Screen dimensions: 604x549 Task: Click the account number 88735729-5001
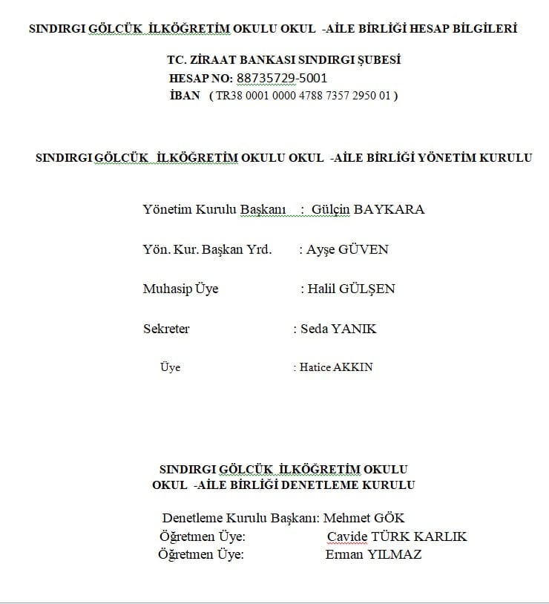(282, 78)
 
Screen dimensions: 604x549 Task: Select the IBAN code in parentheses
(303, 96)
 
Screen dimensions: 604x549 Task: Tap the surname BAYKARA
(389, 209)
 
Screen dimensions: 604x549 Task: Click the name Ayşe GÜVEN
(347, 249)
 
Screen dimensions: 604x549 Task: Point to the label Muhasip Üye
(180, 289)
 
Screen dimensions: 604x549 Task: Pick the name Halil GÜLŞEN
(351, 289)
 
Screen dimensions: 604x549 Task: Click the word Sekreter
(166, 329)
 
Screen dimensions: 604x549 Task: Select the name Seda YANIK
(338, 329)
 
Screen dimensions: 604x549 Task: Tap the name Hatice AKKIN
(335, 367)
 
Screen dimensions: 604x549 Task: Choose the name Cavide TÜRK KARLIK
(397, 536)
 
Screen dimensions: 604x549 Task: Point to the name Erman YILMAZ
(373, 554)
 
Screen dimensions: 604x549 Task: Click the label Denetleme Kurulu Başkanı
(239, 518)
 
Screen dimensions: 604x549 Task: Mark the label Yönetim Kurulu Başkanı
(214, 209)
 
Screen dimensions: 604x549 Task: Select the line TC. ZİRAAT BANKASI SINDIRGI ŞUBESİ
(284, 60)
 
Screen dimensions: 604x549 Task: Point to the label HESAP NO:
(201, 78)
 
